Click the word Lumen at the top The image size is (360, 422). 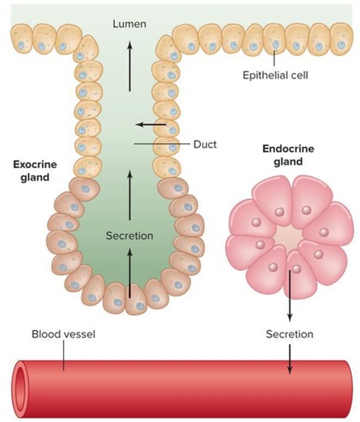pyautogui.click(x=129, y=24)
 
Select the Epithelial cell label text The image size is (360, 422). pyautogui.click(x=275, y=75)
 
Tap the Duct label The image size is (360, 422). pyautogui.click(x=205, y=144)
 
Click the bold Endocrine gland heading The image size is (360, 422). pyautogui.click(x=288, y=155)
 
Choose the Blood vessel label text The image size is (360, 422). pyautogui.click(x=63, y=334)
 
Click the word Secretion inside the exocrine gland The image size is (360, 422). pyautogui.click(x=129, y=236)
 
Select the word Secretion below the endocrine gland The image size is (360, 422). pyautogui.click(x=289, y=334)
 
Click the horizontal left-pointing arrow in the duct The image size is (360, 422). pyautogui.click(x=151, y=124)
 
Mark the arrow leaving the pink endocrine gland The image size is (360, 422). pyautogui.click(x=290, y=295)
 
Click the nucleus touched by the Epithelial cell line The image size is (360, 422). pyautogui.click(x=275, y=44)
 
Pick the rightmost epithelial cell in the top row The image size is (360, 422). pyautogui.click(x=341, y=39)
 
